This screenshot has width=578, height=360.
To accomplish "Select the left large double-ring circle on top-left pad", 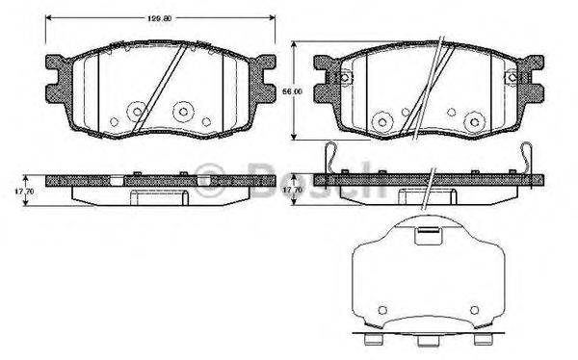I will tap(132, 110).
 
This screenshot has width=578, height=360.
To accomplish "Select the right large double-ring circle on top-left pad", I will tap(180, 111).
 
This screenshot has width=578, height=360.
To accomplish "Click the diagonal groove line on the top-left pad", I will tap(154, 89).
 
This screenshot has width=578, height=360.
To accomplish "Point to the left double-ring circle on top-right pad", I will tap(380, 120).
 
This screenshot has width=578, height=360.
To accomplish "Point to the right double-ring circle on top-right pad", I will tap(471, 121).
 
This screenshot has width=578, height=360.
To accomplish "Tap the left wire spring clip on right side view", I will tap(329, 159).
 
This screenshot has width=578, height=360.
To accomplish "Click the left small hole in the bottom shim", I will tap(381, 310).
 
